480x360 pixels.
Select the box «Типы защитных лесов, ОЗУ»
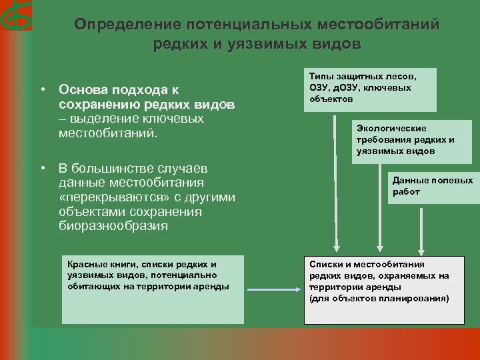pos(371,89)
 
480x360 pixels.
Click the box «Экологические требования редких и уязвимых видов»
pos(407,139)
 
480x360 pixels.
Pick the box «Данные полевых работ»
pos(432,186)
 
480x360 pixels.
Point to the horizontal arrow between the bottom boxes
pos(273,289)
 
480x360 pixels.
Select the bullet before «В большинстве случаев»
pos(42,167)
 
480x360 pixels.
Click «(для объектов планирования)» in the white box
pos(379,298)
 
